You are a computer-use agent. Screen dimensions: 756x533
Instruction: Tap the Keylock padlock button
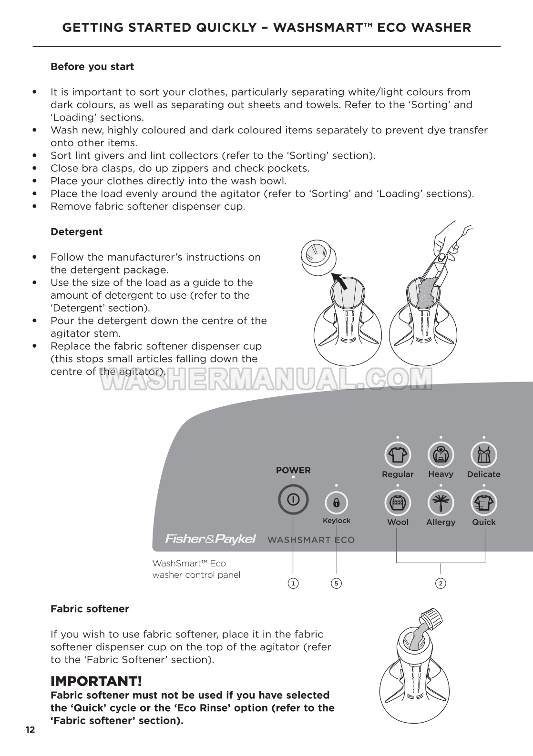click(x=336, y=503)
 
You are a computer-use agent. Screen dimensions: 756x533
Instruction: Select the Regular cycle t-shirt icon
click(x=398, y=455)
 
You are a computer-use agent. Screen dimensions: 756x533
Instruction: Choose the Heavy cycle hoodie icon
click(x=441, y=455)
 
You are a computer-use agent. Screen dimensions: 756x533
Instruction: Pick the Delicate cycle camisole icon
click(x=484, y=455)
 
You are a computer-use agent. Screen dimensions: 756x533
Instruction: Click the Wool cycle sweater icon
click(x=398, y=503)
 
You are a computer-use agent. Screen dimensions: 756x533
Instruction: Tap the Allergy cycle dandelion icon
click(x=441, y=503)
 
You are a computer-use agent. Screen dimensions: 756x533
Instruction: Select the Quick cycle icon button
click(x=484, y=503)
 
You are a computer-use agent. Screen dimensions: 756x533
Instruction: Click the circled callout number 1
click(x=293, y=583)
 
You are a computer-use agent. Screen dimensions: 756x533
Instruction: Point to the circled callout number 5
click(x=337, y=583)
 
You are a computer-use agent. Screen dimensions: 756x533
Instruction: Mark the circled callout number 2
click(x=441, y=583)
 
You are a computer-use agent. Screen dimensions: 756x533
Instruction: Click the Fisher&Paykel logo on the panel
click(x=210, y=539)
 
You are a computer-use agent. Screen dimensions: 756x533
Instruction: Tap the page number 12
click(x=30, y=730)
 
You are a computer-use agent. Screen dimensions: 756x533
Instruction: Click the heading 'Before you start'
click(x=92, y=67)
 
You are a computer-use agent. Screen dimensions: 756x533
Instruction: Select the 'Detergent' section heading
click(x=76, y=232)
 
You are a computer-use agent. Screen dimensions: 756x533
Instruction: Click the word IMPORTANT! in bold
click(x=96, y=681)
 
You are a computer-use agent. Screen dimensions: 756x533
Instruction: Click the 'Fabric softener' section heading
click(x=90, y=609)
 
